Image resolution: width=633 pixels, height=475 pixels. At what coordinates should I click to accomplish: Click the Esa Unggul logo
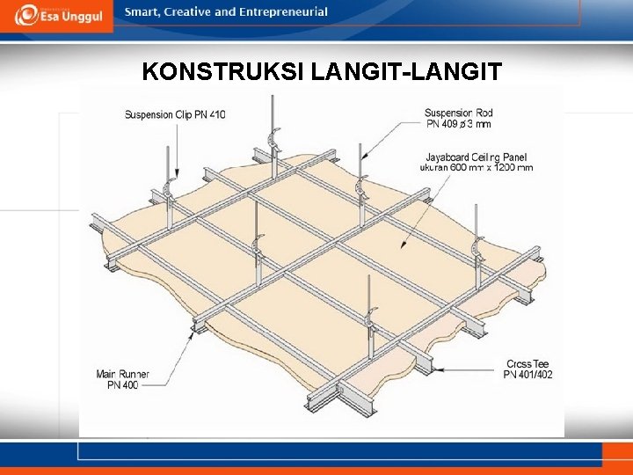coord(59,15)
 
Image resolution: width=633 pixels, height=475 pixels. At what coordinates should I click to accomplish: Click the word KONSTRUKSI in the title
coord(223,71)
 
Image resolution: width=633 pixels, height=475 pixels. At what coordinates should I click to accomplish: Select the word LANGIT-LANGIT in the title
coord(406,71)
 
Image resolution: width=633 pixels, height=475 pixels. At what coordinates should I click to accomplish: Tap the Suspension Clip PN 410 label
coord(175,114)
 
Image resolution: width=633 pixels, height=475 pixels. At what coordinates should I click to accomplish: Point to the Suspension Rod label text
coord(459,113)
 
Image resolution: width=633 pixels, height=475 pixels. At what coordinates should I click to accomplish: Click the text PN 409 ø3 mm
coord(459,124)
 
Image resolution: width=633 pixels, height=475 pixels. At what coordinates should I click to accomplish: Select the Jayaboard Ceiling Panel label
coord(477,157)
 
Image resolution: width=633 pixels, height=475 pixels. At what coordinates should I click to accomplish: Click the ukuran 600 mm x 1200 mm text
coord(477,168)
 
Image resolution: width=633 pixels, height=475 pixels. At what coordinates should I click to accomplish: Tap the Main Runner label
coord(123,374)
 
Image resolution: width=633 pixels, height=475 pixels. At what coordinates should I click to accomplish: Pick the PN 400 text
coord(123,385)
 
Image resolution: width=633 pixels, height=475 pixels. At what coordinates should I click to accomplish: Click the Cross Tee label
coord(527,363)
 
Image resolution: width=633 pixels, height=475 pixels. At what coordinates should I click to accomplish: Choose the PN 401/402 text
coord(527,375)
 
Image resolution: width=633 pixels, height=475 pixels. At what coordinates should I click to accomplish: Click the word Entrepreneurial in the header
coord(282,11)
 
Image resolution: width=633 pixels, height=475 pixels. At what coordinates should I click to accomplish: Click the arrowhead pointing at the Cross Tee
coord(439,369)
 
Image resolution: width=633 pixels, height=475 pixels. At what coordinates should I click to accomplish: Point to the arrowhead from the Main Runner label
coord(192,336)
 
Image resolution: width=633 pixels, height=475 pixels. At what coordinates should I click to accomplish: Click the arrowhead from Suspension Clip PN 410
coord(177,172)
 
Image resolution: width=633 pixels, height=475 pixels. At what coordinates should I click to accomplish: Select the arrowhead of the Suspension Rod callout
coord(364,156)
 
